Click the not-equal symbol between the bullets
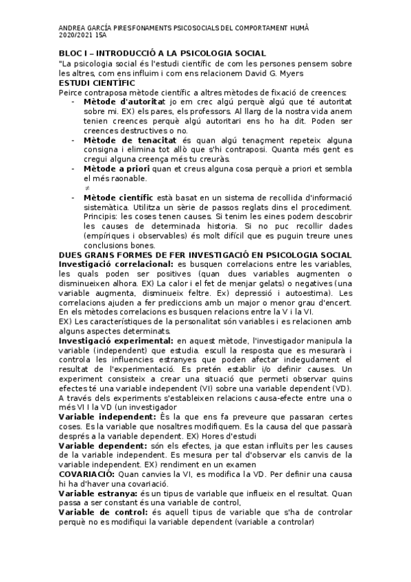point(87,187)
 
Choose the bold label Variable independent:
point(109,417)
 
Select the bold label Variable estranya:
point(98,493)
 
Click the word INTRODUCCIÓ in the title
point(134,53)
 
